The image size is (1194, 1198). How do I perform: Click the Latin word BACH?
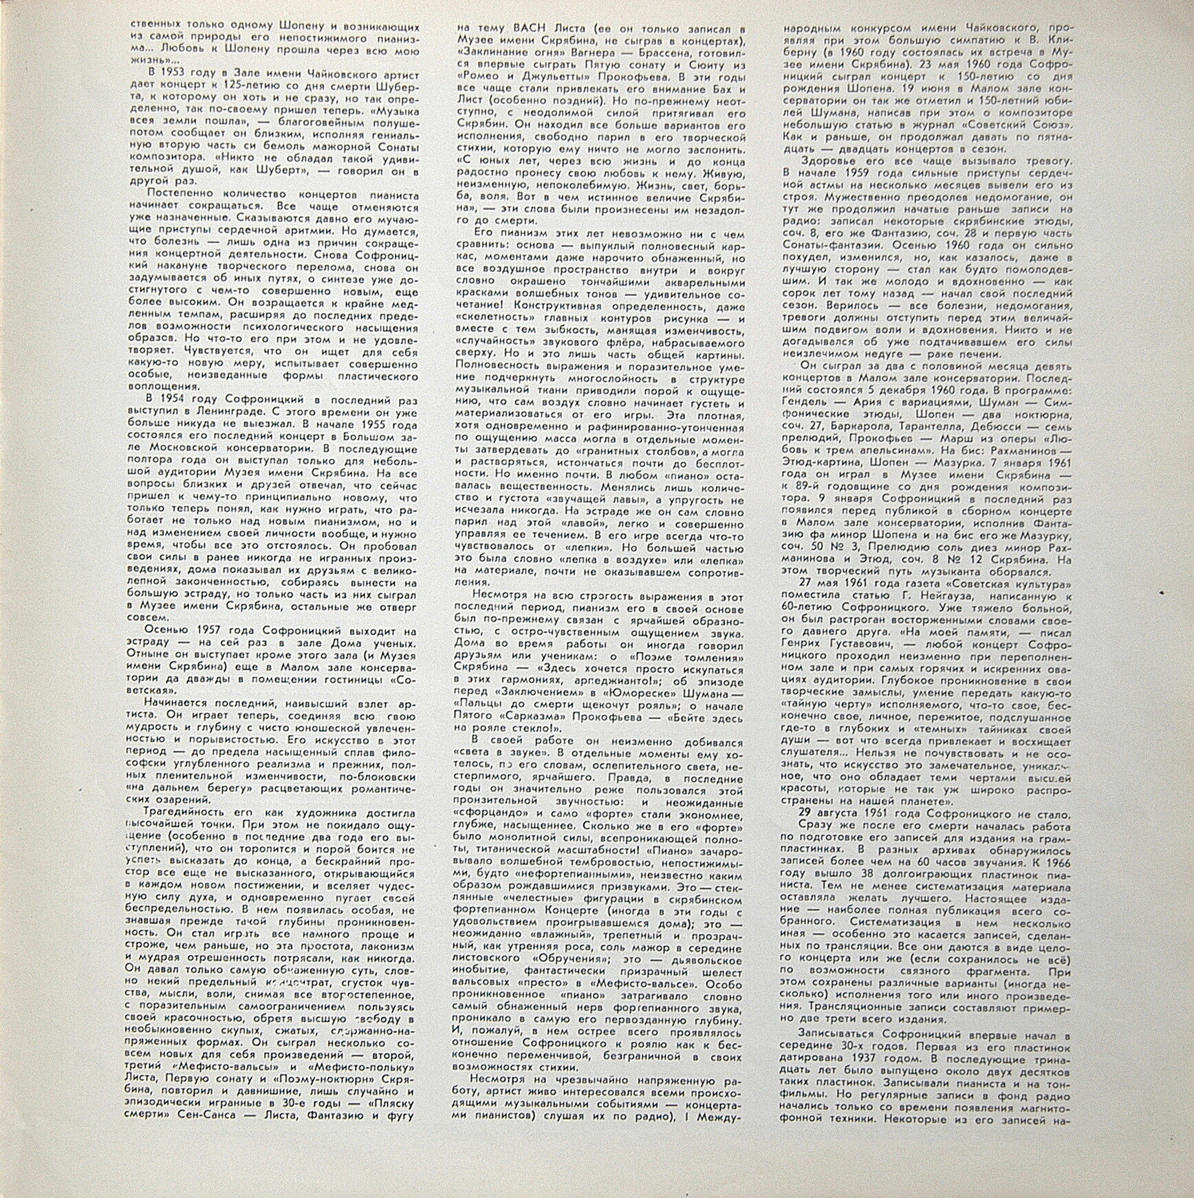(531, 28)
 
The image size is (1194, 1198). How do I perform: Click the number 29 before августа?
(805, 815)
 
